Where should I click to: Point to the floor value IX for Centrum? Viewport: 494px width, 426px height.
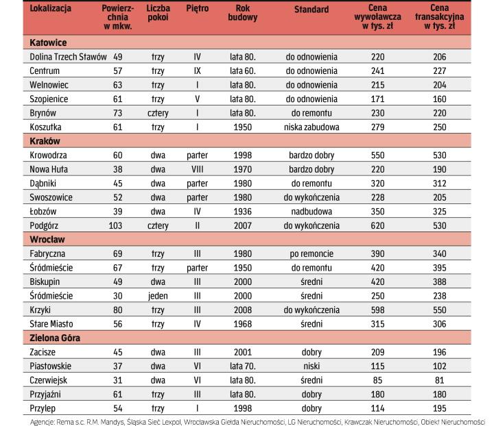click(197, 71)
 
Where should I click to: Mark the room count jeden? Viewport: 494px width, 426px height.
click(158, 295)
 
